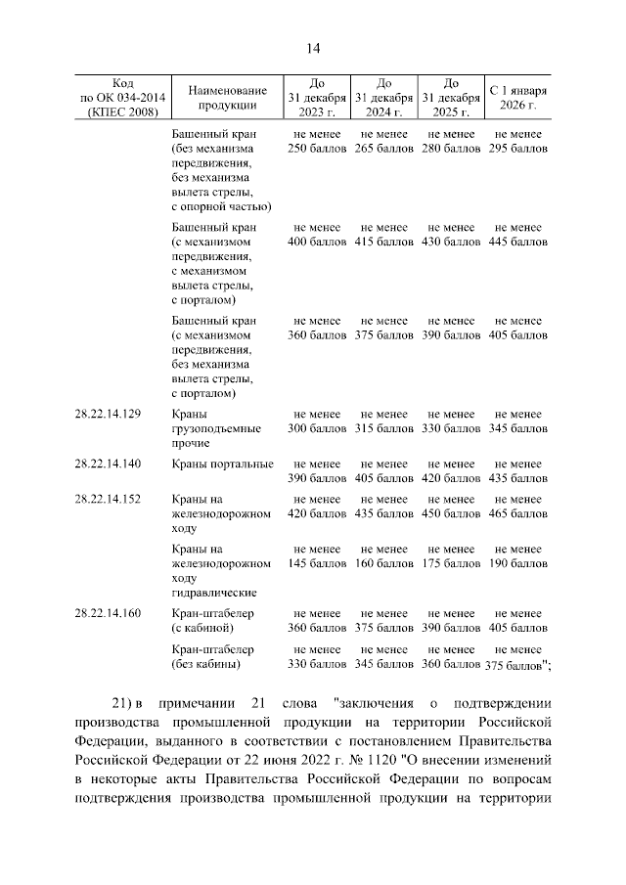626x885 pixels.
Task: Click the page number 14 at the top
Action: click(x=313, y=49)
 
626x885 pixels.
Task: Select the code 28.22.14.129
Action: click(x=108, y=414)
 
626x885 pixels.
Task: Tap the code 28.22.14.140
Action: click(x=108, y=464)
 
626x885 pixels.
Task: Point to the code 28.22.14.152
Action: click(x=108, y=499)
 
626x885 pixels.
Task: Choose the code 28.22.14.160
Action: click(x=108, y=613)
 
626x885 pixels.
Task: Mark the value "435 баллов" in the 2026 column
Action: click(x=517, y=478)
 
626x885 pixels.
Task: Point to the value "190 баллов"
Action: click(x=517, y=563)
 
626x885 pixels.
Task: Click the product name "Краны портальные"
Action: click(x=222, y=464)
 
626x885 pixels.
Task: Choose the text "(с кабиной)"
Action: click(x=202, y=628)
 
